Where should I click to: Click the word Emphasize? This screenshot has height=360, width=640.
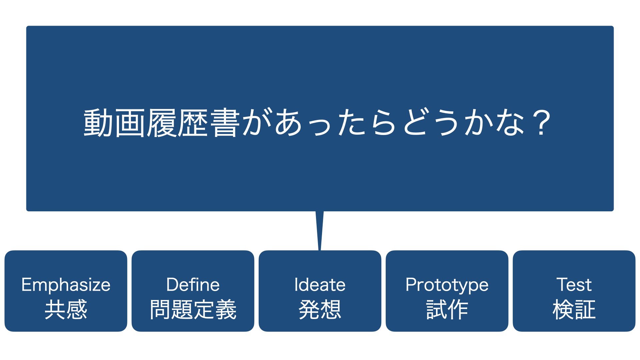point(66,285)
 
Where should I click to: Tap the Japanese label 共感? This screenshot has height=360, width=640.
point(66,309)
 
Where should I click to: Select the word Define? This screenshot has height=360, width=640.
point(193,285)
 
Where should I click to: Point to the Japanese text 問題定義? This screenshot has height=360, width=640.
point(193,309)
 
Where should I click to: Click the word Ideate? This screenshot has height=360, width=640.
point(320,285)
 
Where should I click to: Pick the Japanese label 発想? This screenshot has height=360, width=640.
point(320,309)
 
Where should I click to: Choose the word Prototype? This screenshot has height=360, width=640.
point(447,285)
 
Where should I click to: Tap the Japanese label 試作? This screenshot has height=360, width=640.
point(447,309)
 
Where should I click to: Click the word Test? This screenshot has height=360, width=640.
point(574,285)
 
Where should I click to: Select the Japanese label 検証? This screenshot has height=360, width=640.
point(574,309)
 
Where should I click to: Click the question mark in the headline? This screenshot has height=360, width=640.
point(541,123)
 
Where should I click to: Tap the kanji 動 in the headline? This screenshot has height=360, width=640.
point(98,123)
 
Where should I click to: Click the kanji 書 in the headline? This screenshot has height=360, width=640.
point(225,123)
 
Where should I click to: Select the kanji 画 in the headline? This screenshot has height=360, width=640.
point(130,123)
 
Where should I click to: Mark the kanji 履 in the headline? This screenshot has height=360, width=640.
point(162,123)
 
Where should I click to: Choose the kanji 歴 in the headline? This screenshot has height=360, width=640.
point(193,123)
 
